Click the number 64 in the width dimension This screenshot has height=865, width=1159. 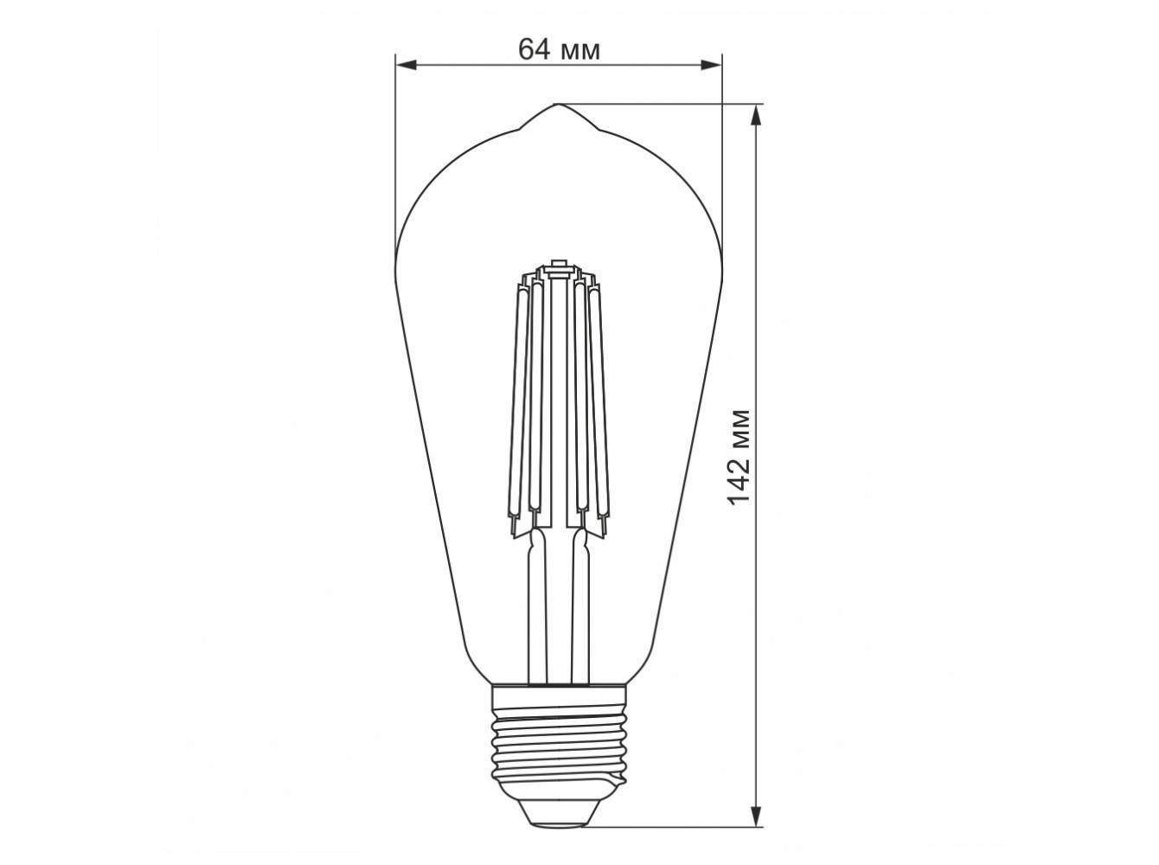535,49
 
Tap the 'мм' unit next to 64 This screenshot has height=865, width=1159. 579,53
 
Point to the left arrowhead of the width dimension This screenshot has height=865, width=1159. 406,65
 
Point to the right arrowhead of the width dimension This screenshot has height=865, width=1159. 711,65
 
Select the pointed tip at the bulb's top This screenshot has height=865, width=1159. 555,105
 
